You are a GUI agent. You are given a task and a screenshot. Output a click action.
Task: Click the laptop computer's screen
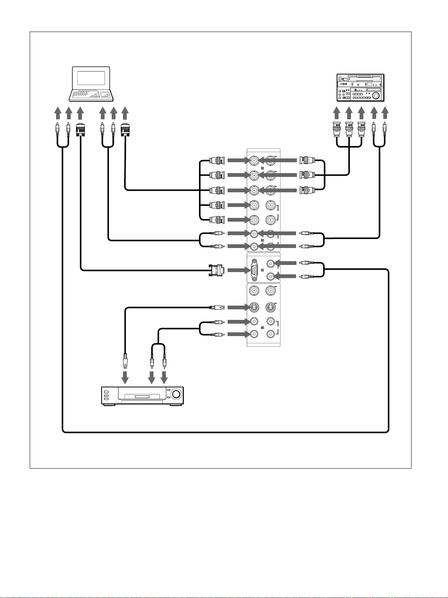pos(91,78)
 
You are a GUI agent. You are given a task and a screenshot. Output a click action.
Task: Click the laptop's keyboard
pos(91,95)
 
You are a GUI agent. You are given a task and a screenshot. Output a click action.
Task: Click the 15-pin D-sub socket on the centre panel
pos(255,270)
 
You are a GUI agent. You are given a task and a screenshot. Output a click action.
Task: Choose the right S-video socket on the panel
pos(270,307)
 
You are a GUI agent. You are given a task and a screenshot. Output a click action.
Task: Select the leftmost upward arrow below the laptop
pos(57,113)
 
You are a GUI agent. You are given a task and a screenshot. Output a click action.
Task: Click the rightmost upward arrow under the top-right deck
pos(385,113)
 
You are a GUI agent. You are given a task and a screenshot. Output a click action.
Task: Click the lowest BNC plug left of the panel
pos(217,219)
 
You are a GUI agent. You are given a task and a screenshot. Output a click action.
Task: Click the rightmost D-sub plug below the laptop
pos(125,130)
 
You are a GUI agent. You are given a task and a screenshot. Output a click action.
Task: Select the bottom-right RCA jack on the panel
pos(270,334)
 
